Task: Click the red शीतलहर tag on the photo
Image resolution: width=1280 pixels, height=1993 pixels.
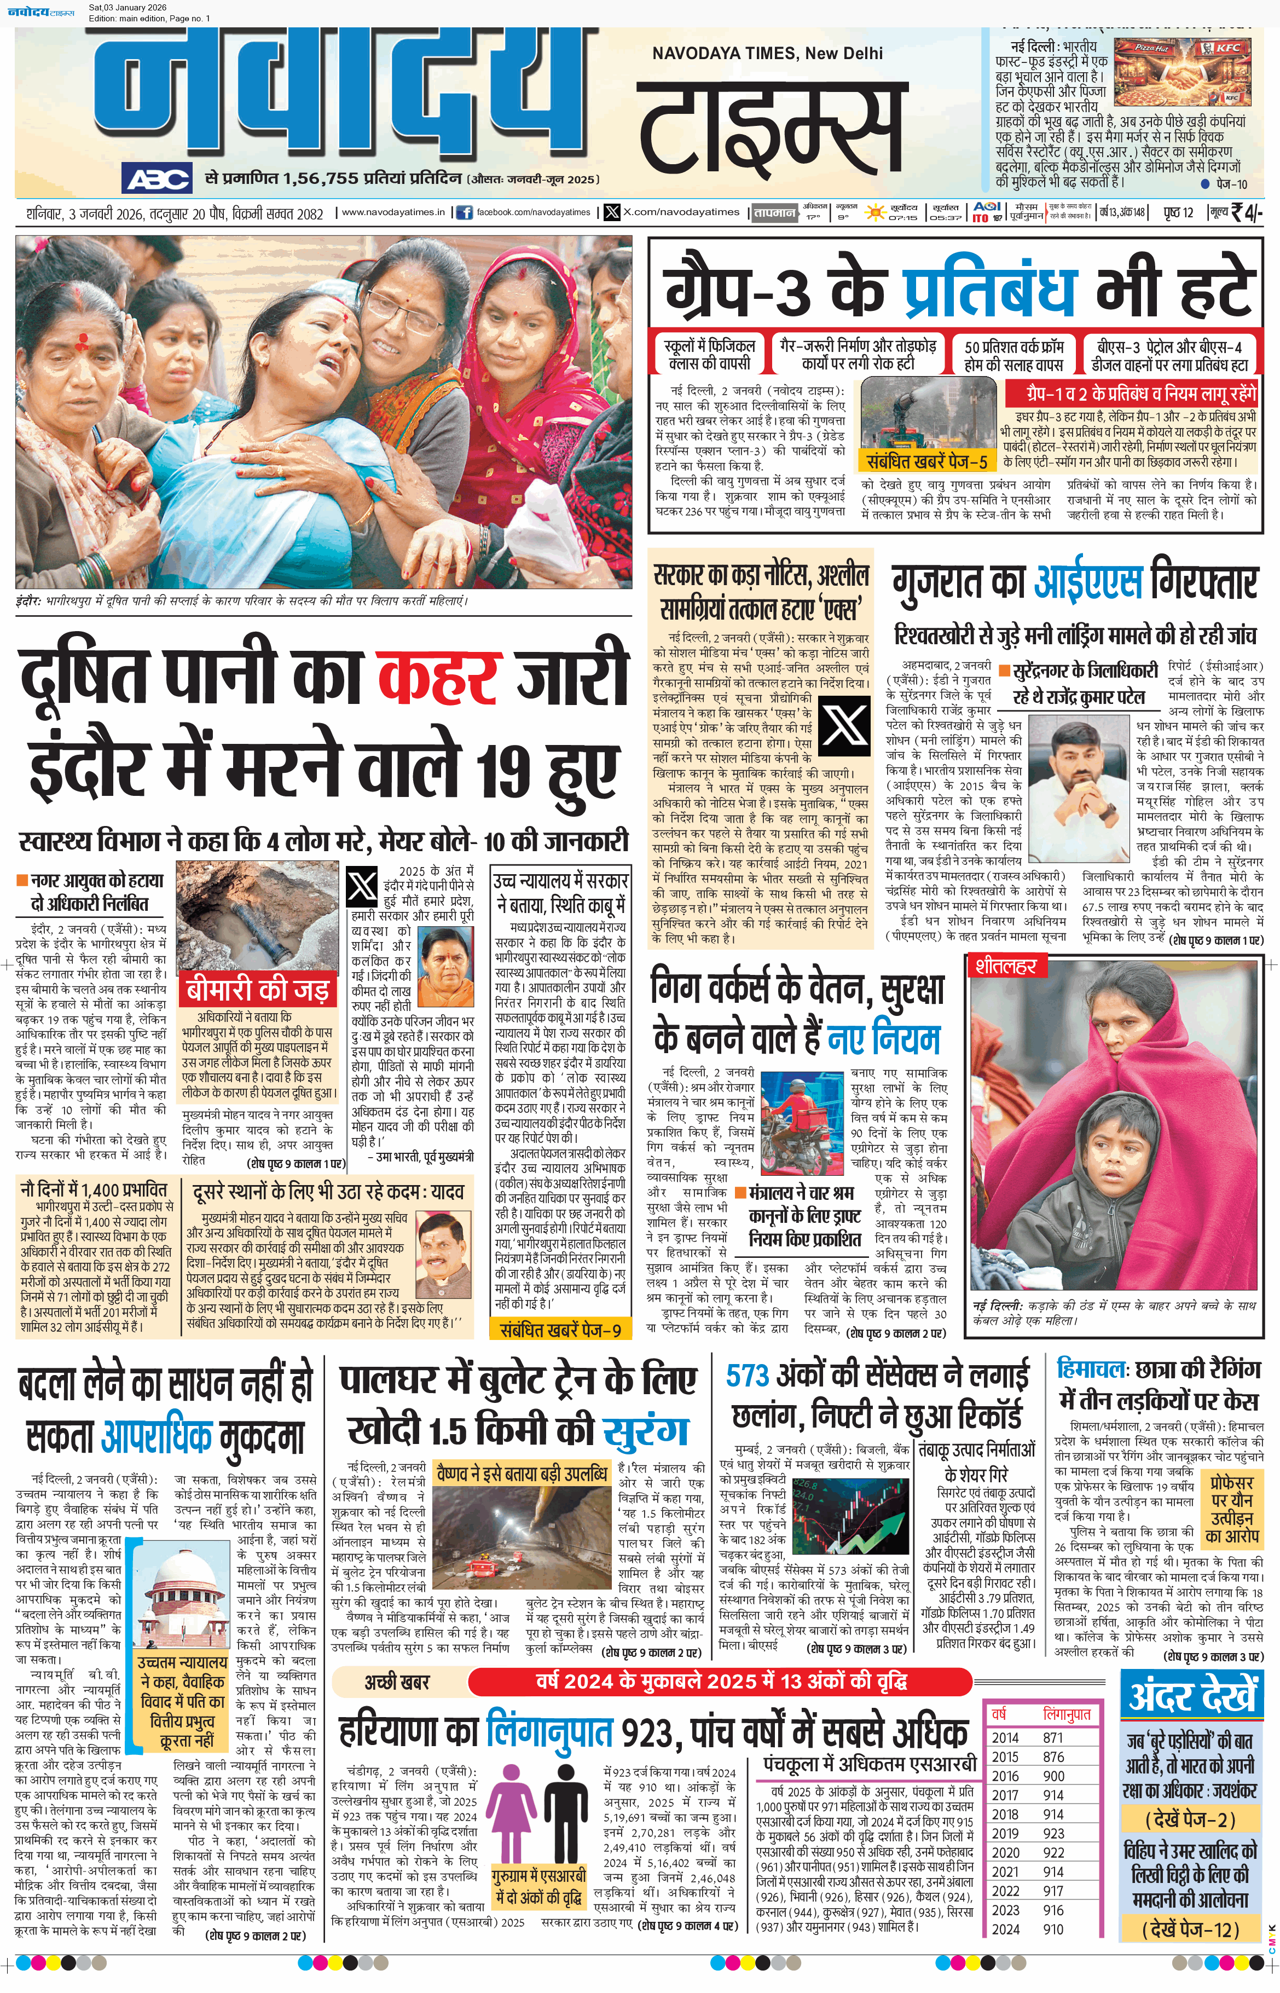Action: (1006, 966)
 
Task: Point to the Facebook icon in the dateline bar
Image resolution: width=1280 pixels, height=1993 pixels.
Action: (463, 213)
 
